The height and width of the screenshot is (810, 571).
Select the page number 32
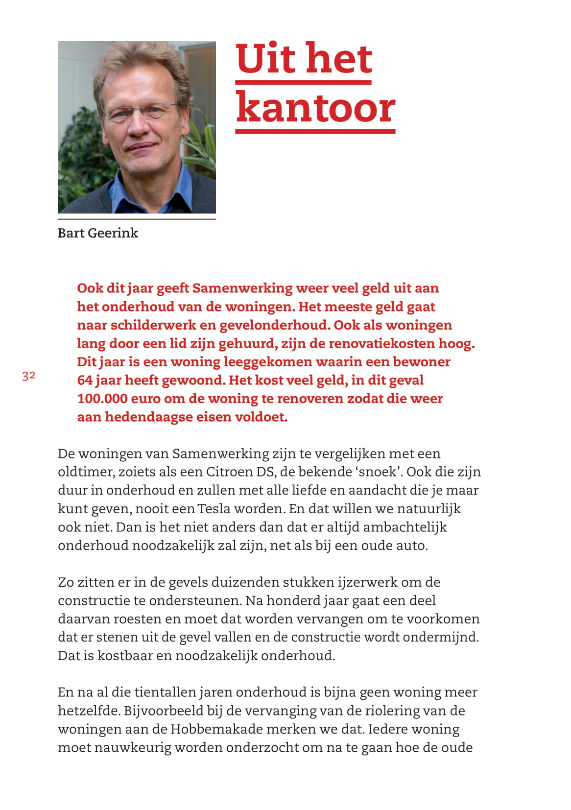click(x=29, y=376)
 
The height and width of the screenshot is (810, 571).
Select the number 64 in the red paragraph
click(x=85, y=381)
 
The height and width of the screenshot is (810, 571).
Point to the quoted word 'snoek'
click(x=378, y=472)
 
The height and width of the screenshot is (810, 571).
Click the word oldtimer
click(x=86, y=472)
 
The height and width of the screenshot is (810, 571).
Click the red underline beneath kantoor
click(x=315, y=131)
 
